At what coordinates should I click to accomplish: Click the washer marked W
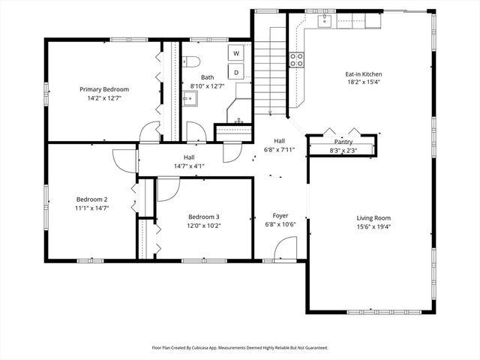pyautogui.click(x=236, y=53)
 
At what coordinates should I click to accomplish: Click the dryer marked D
pyautogui.click(x=236, y=72)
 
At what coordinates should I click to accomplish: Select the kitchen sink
pyautogui.click(x=325, y=21)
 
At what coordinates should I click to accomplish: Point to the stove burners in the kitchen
pyautogui.click(x=297, y=60)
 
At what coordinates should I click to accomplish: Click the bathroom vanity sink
pyautogui.click(x=189, y=97)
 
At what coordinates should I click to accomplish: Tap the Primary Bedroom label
pyautogui.click(x=104, y=88)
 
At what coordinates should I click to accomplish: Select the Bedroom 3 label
pyautogui.click(x=203, y=216)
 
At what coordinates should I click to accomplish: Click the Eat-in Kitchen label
pyautogui.click(x=364, y=74)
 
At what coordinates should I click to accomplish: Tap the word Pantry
pyautogui.click(x=343, y=142)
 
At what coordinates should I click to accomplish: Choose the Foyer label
pyautogui.click(x=280, y=216)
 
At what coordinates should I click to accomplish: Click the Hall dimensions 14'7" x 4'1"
pyautogui.click(x=189, y=166)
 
